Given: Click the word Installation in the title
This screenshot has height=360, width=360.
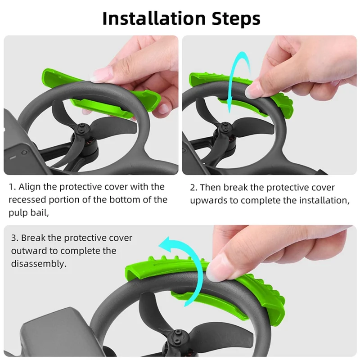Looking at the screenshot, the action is (x=153, y=18).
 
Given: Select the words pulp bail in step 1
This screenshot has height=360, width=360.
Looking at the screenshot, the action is (x=28, y=213).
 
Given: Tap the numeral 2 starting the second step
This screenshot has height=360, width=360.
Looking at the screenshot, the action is (x=193, y=188).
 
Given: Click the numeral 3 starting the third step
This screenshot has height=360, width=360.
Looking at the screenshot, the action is (x=14, y=238).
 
